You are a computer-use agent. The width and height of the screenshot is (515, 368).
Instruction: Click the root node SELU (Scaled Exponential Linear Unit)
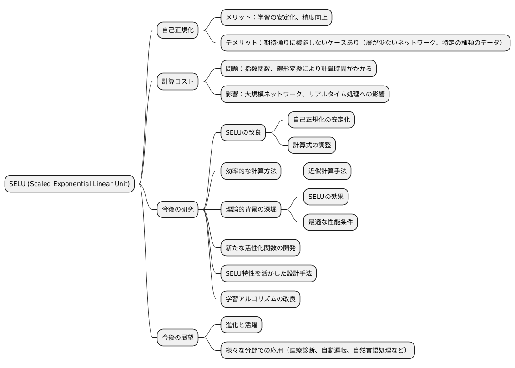pyautogui.click(x=70, y=184)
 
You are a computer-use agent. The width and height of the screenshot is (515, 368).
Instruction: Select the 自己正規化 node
pyautogui.click(x=178, y=30)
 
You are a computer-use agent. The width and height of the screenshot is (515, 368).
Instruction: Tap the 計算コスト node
pyautogui.click(x=178, y=82)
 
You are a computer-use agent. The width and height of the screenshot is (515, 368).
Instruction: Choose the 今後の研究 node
pyautogui.click(x=178, y=209)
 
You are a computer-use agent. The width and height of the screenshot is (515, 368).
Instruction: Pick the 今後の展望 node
pyautogui.click(x=178, y=338)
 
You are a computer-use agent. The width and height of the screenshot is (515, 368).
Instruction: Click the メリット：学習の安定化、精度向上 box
pyautogui.click(x=276, y=18)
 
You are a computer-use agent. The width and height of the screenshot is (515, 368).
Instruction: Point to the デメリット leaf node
pyautogui.click(x=365, y=43)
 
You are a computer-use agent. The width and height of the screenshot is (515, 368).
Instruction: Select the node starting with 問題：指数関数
pyautogui.click(x=298, y=69)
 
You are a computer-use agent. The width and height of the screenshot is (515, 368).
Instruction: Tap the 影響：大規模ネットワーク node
pyautogui.click(x=305, y=95)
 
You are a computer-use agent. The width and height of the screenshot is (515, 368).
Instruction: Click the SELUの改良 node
pyautogui.click(x=243, y=133)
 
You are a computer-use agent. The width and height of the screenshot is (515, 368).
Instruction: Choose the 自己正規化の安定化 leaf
pyautogui.click(x=321, y=120)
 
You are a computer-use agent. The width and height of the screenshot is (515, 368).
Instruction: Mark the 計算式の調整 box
pyautogui.click(x=312, y=146)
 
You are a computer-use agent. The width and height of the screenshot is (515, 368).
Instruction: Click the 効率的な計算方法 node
pyautogui.click(x=251, y=171)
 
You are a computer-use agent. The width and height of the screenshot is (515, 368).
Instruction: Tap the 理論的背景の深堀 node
pyautogui.click(x=251, y=209)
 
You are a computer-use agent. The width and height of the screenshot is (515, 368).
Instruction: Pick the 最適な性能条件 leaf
pyautogui.click(x=330, y=222)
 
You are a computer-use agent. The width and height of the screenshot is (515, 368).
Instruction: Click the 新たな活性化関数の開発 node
pyautogui.click(x=260, y=248)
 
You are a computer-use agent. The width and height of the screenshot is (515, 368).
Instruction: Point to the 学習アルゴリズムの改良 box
pyautogui.click(x=260, y=299)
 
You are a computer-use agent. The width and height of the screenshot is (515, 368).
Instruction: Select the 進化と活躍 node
pyautogui.click(x=241, y=325)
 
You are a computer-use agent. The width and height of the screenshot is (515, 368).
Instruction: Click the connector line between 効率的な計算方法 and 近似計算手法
pyautogui.click(x=292, y=171)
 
